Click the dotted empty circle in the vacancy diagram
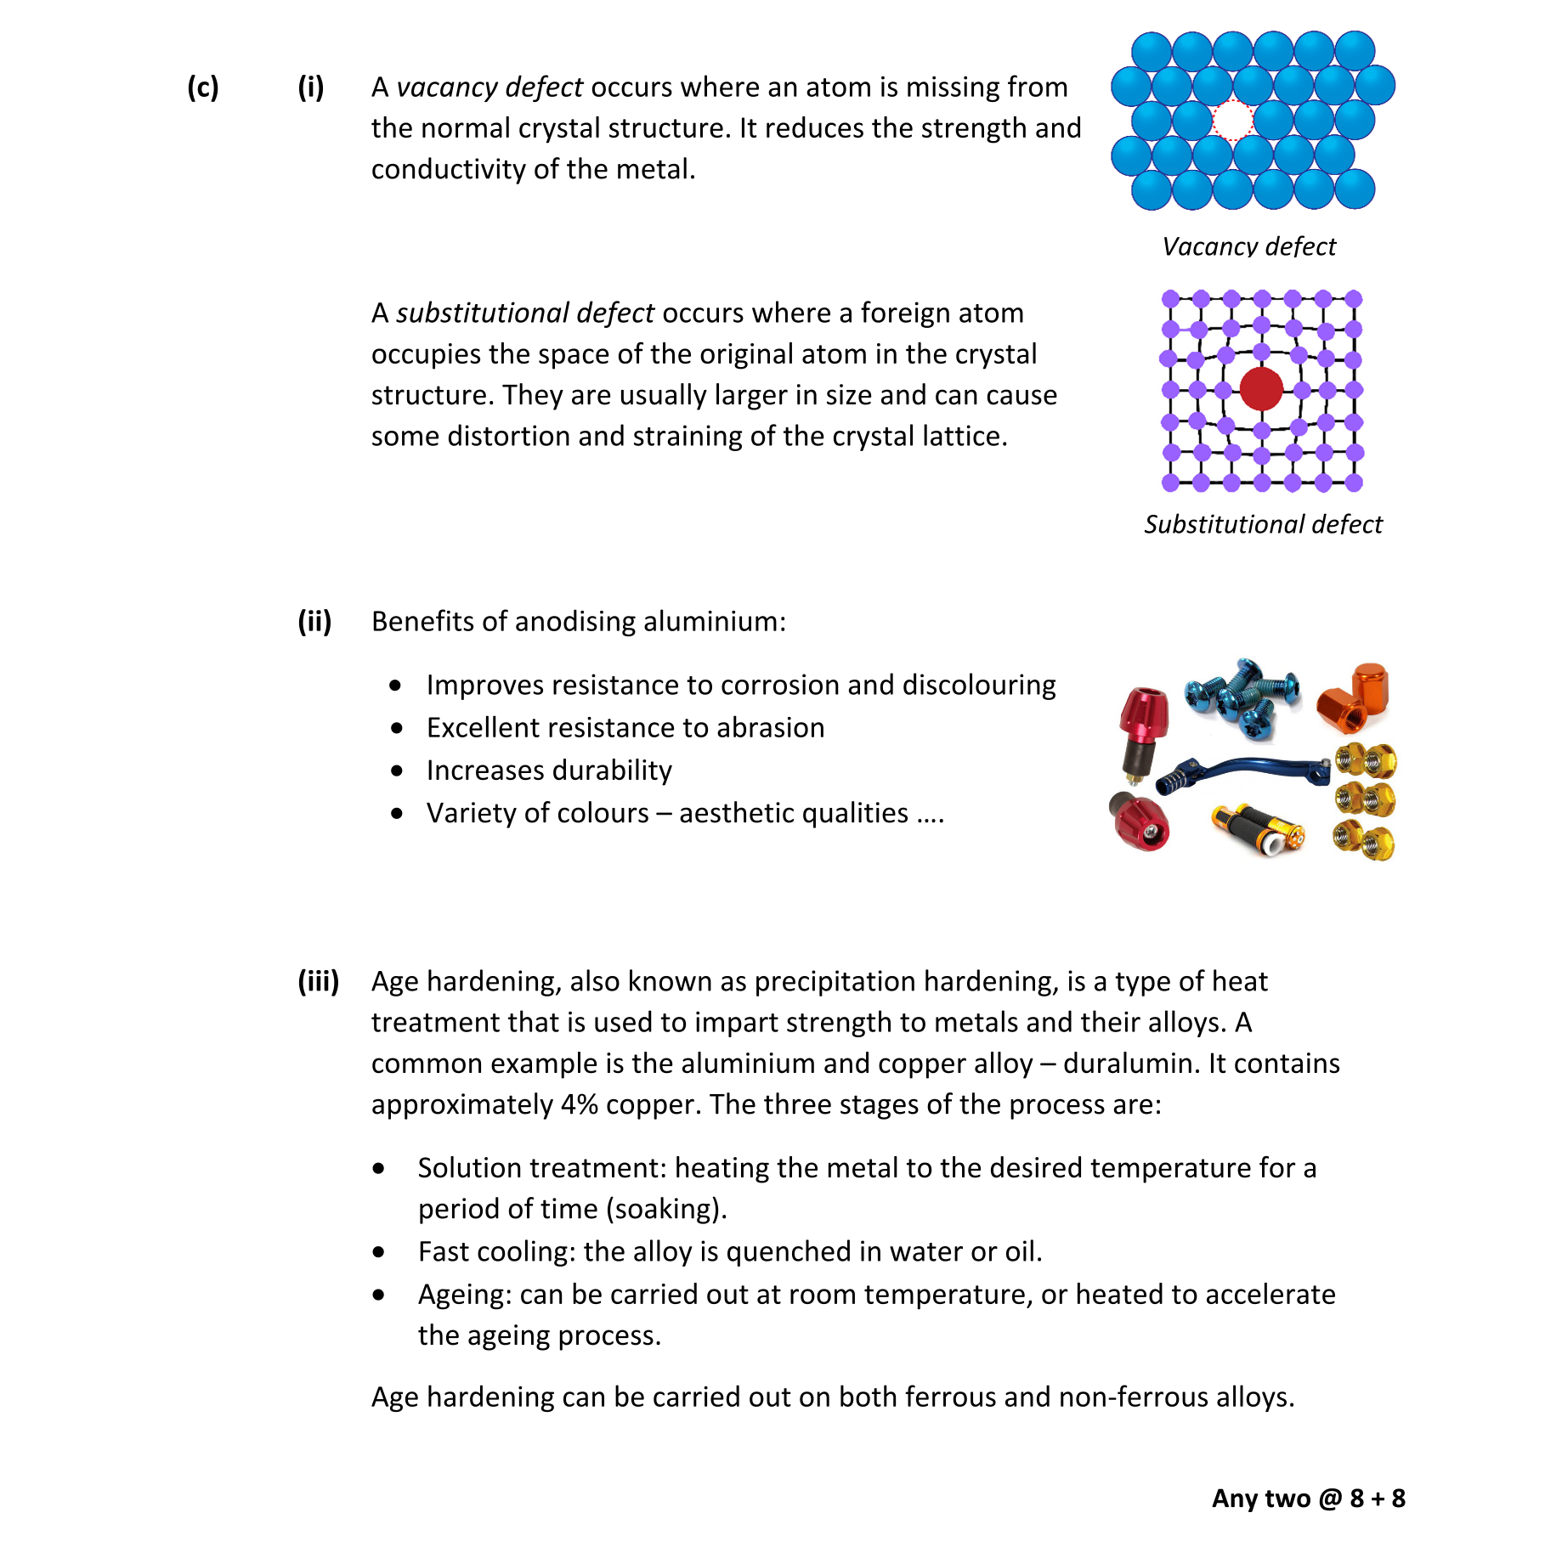coord(1232,121)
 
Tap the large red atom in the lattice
coord(1261,389)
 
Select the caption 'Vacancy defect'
coord(1248,246)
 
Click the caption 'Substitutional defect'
coord(1263,524)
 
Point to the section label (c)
coord(203,87)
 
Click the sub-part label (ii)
coord(314,621)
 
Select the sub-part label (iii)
coord(318,981)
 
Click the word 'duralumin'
coord(1127,1064)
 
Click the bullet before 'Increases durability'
coord(397,770)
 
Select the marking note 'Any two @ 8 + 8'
coord(1308,1498)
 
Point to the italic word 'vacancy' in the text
coord(447,87)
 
